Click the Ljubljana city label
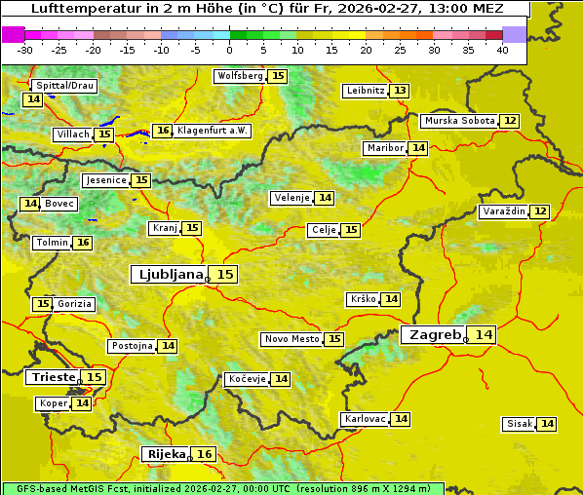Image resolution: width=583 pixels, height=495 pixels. point(169,275)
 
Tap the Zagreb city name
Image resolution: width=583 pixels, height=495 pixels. point(435,334)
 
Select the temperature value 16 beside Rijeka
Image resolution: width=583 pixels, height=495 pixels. point(204,454)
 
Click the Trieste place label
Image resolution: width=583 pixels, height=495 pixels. point(53,377)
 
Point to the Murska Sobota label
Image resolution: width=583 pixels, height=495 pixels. point(458,121)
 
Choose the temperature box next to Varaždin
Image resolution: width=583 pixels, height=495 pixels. point(540,211)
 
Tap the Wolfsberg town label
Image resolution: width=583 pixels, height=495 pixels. point(239,76)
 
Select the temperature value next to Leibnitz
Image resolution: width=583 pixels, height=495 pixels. point(400,91)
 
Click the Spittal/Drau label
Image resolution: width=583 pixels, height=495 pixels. point(63,86)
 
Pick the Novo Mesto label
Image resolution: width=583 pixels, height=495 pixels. point(291,339)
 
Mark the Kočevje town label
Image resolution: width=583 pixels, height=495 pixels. point(246,379)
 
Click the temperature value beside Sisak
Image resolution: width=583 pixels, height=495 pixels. point(547,424)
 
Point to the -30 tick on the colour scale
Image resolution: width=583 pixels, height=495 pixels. point(25,50)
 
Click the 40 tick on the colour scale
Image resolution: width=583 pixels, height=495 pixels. point(502,50)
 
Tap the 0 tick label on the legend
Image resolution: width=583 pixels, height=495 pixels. point(229,50)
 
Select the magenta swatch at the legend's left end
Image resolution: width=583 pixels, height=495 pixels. point(13,34)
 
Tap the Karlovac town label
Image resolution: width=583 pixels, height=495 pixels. point(365,419)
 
